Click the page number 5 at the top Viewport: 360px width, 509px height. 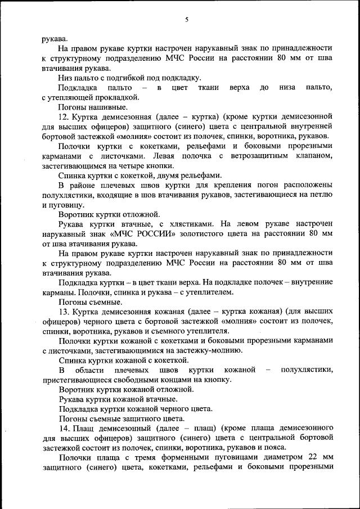[x=186, y=20]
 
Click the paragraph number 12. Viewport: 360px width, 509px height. [x=64, y=116]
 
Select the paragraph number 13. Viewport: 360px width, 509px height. [x=64, y=312]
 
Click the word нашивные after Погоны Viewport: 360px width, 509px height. [x=98, y=107]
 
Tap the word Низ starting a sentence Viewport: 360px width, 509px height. [x=65, y=78]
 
